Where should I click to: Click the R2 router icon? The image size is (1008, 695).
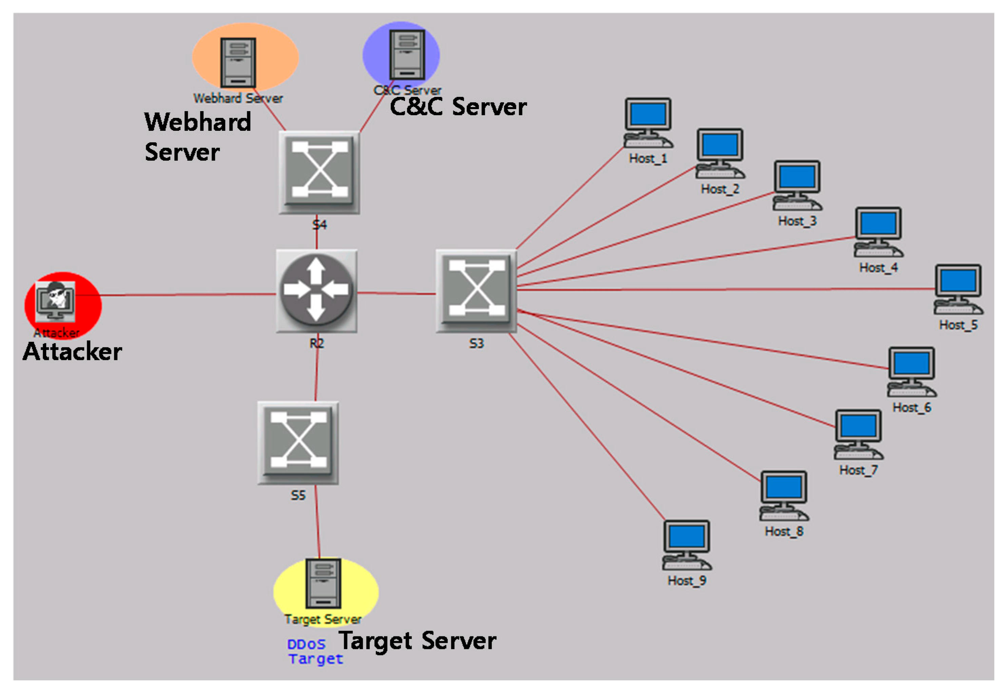click(317, 290)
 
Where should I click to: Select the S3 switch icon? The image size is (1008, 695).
click(477, 291)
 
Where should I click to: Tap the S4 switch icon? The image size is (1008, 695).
click(320, 172)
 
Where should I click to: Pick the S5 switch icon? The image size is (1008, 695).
click(298, 443)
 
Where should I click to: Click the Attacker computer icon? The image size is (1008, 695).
click(55, 301)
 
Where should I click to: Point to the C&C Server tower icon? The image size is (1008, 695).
click(407, 55)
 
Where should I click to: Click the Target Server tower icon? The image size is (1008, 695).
click(323, 583)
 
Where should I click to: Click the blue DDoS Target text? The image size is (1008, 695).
click(315, 651)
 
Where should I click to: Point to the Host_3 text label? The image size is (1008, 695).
click(797, 221)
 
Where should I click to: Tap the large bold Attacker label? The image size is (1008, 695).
click(72, 352)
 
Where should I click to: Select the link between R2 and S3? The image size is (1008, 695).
click(396, 293)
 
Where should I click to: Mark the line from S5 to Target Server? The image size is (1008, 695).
click(318, 523)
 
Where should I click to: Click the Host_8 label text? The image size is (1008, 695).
click(784, 531)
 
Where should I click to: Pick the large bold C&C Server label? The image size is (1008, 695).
click(458, 107)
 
